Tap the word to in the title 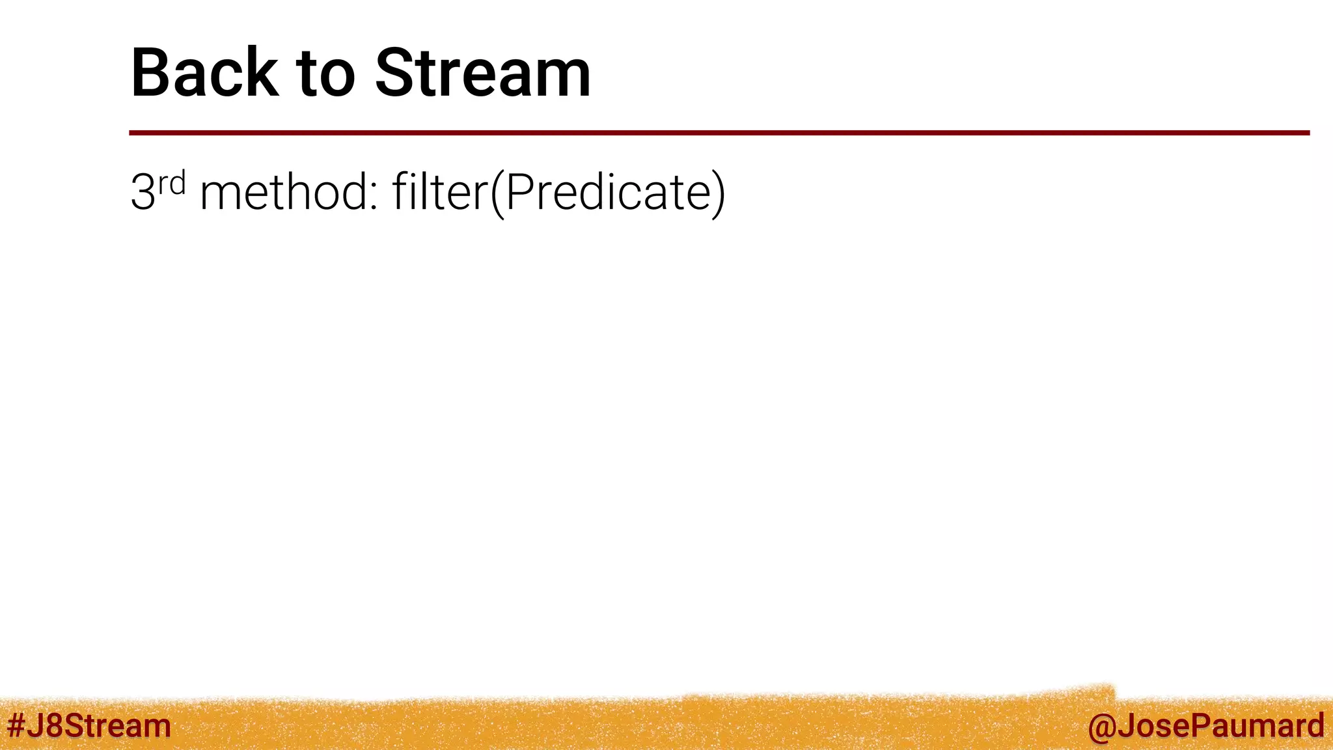(326, 74)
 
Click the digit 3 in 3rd (143, 193)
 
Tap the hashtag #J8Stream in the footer (89, 726)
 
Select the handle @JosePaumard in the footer (1205, 726)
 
